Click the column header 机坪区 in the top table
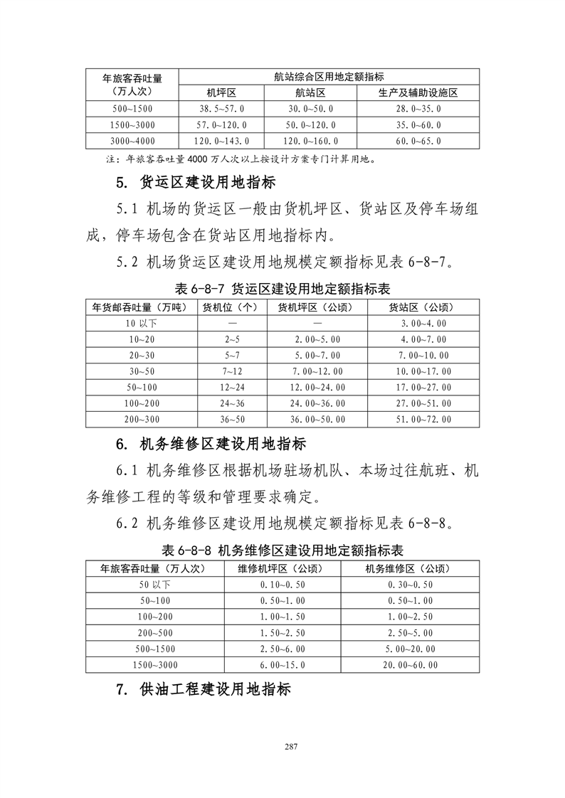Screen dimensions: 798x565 (x=221, y=93)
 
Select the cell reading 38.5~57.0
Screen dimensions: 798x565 (x=221, y=109)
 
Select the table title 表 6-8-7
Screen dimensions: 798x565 (x=282, y=289)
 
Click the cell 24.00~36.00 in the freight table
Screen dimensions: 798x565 (x=317, y=403)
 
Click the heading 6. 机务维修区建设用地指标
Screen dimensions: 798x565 (x=211, y=445)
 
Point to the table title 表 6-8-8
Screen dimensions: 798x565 (x=282, y=550)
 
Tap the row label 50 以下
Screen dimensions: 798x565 (x=154, y=584)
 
